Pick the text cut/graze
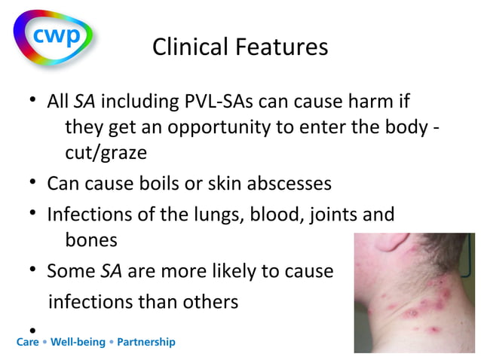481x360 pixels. point(106,153)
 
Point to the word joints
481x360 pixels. point(334,215)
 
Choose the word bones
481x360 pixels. point(91,240)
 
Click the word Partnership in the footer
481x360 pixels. point(144,342)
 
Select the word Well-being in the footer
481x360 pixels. point(78,342)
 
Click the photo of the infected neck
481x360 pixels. point(415,293)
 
